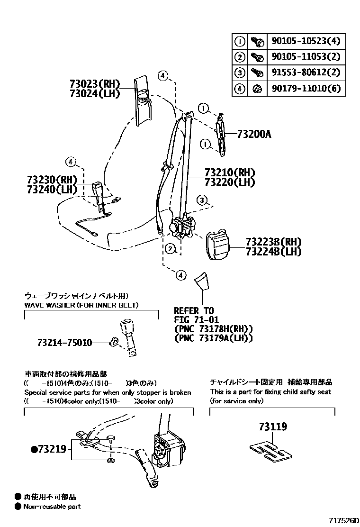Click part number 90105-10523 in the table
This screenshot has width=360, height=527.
306,41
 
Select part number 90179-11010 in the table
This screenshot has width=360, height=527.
306,88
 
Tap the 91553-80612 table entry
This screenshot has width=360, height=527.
306,73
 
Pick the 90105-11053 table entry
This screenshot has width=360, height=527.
306,57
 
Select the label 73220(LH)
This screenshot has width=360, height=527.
230,182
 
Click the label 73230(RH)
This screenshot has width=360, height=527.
52,180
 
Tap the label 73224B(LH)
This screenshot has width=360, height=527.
273,252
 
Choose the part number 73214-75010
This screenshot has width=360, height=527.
65,342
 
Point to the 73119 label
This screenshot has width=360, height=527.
272,427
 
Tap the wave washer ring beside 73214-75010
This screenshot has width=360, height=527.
113,342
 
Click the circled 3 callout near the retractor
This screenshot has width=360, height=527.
202,200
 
